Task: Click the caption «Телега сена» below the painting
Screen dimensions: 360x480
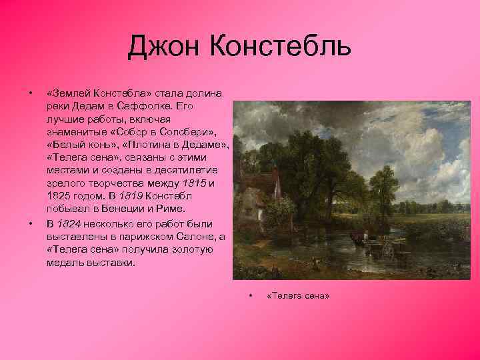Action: pyautogui.click(x=297, y=295)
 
